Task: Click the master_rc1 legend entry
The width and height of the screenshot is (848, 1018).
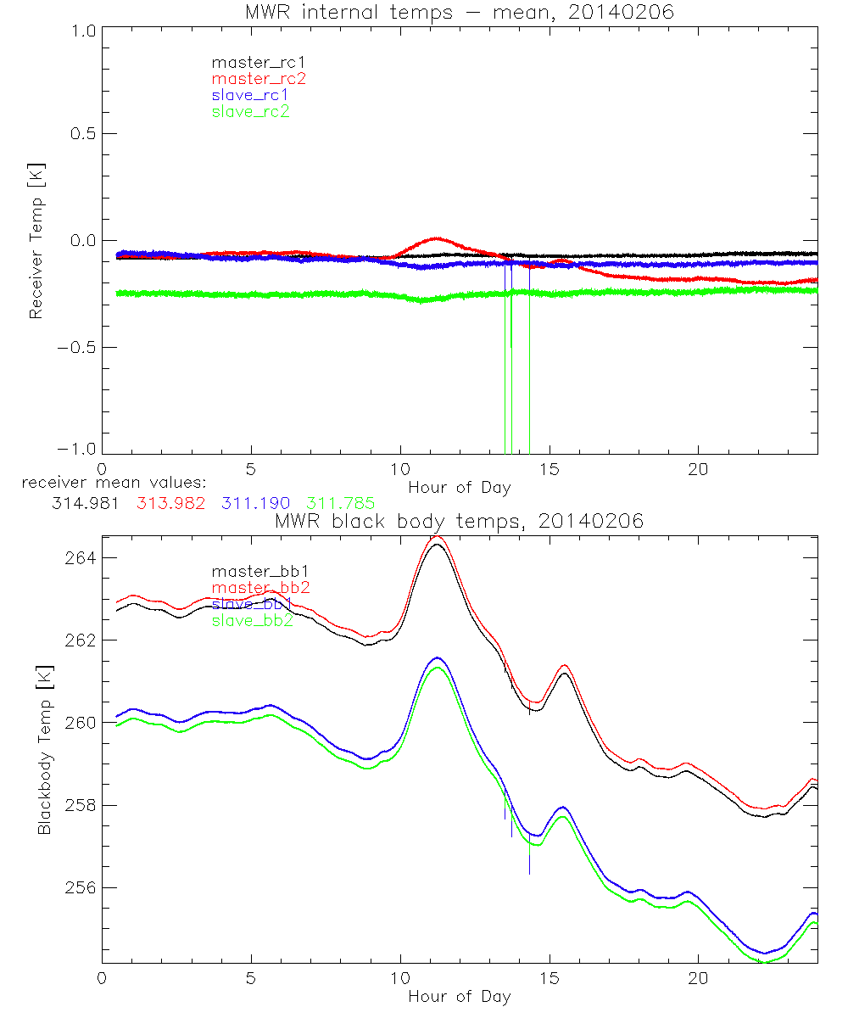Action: coord(251,62)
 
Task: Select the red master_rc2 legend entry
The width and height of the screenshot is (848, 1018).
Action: coord(259,78)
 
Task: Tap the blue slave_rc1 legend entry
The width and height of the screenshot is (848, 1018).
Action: coord(251,95)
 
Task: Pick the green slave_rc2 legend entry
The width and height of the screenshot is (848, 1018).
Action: coord(251,111)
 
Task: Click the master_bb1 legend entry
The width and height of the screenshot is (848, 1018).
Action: coord(252,572)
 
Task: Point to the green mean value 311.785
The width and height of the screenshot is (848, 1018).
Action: coord(341,503)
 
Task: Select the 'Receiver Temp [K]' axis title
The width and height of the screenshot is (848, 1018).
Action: coord(36,241)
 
